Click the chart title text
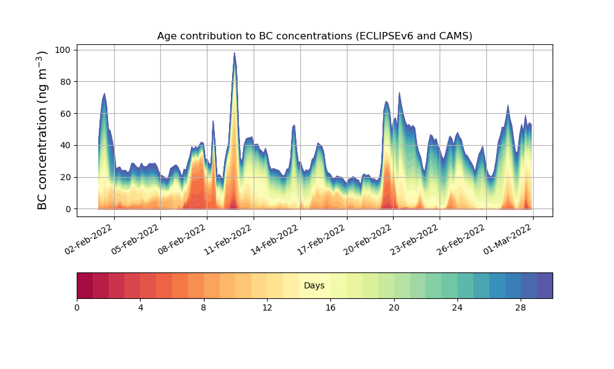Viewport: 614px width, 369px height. (314, 36)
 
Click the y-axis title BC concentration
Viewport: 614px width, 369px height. (42, 130)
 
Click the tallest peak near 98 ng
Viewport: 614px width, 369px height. (235, 54)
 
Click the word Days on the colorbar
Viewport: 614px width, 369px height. (314, 286)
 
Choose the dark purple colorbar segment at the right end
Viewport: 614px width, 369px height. (545, 285)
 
